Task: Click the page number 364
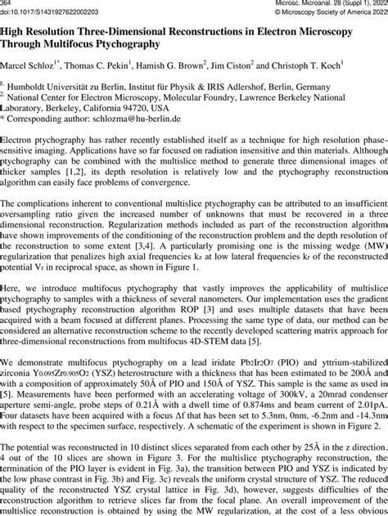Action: [7, 4]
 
